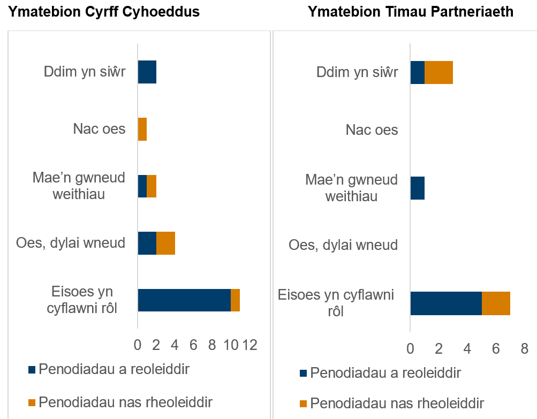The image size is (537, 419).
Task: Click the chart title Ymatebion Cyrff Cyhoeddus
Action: tap(103, 12)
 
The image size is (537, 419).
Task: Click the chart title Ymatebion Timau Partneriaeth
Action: tap(411, 12)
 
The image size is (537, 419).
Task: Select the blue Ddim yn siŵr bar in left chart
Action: tap(147, 72)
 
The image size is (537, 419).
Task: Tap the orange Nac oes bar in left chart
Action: tap(142, 129)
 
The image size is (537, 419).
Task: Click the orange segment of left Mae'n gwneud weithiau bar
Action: tap(152, 186)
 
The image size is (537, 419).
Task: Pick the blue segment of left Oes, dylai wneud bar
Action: tap(147, 243)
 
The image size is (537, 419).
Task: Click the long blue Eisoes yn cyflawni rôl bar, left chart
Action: tap(184, 300)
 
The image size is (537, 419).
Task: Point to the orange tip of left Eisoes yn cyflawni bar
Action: tap(235, 300)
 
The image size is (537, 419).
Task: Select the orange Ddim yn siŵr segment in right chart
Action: tap(438, 72)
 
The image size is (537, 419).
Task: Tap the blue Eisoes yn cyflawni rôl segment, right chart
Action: tap(446, 303)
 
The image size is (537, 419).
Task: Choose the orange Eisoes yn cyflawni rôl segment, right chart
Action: tap(496, 303)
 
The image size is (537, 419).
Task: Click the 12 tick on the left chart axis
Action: tap(249, 345)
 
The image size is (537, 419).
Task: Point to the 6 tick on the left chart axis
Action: tap(193, 345)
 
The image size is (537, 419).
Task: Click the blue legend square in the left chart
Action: tap(32, 369)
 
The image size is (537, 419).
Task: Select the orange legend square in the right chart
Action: tap(304, 403)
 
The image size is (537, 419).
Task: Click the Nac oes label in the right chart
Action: tap(372, 129)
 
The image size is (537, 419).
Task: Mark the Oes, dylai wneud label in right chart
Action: tap(343, 245)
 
